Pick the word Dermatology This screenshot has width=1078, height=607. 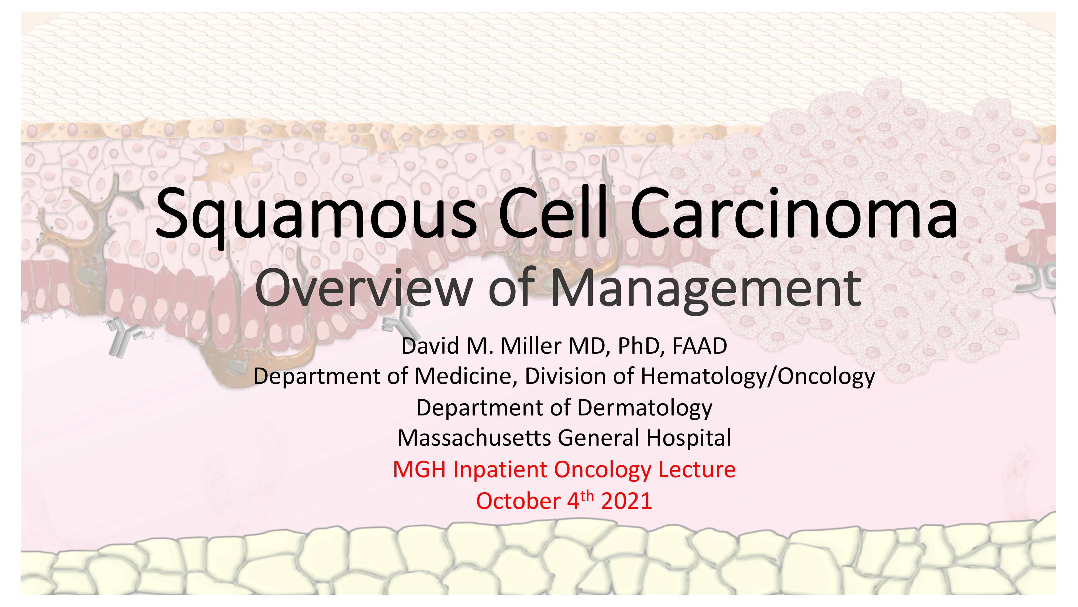coord(645,408)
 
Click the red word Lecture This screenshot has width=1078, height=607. coord(697,469)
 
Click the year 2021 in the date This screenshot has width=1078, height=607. coord(626,501)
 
